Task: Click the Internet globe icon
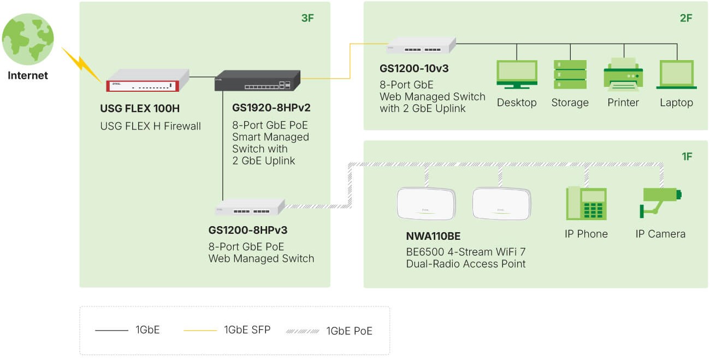28,39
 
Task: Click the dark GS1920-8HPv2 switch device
257,81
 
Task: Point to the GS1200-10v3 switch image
421,46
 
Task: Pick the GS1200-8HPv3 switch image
250,208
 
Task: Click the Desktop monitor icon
517,74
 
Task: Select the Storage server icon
570,74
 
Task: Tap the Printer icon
623,74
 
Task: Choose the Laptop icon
676,74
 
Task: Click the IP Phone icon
586,203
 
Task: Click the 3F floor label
307,18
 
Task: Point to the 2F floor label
686,18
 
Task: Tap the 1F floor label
687,157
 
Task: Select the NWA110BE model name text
433,237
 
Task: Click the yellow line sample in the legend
199,331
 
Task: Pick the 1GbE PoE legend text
349,331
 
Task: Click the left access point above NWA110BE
426,203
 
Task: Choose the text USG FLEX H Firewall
150,126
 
